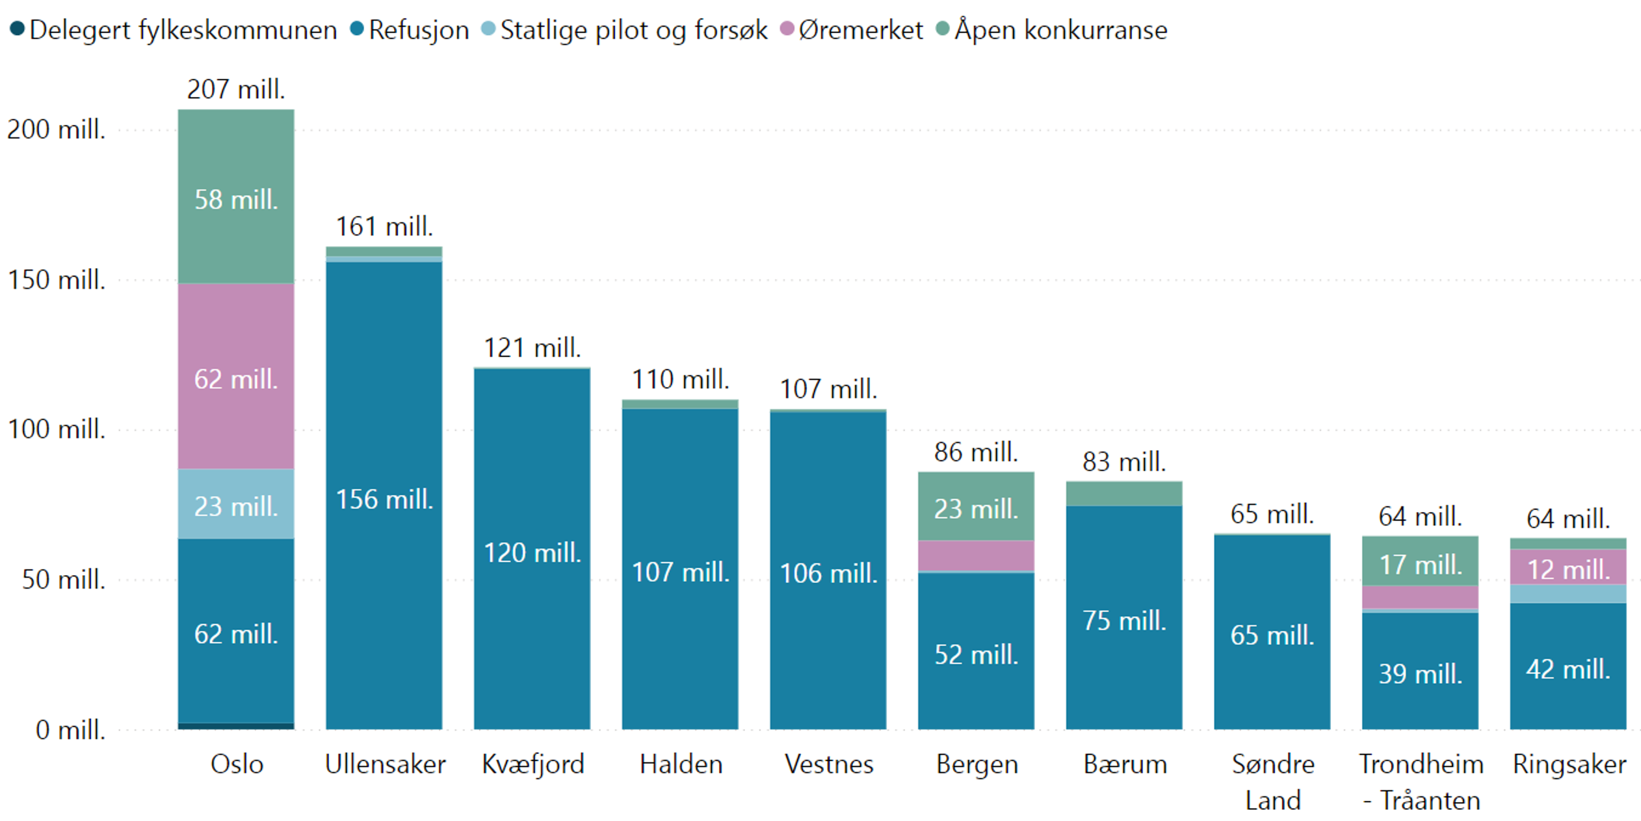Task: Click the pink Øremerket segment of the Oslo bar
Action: [236, 377]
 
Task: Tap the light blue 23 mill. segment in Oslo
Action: [236, 505]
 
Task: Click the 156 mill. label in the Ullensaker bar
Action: [384, 500]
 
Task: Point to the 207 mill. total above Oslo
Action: [236, 89]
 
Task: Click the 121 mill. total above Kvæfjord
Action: [532, 348]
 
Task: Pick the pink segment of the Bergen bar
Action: [976, 556]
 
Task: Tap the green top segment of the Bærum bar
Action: [1124, 494]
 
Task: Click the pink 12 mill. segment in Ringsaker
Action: [1568, 568]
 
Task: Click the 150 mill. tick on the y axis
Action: [57, 280]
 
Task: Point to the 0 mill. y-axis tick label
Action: [70, 730]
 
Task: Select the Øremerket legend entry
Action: [852, 30]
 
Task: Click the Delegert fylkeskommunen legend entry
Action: [174, 30]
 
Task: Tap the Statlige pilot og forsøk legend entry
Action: [625, 30]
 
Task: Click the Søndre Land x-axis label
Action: [1272, 781]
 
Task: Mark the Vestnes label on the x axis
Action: [828, 764]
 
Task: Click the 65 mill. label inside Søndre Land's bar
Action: [1272, 635]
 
